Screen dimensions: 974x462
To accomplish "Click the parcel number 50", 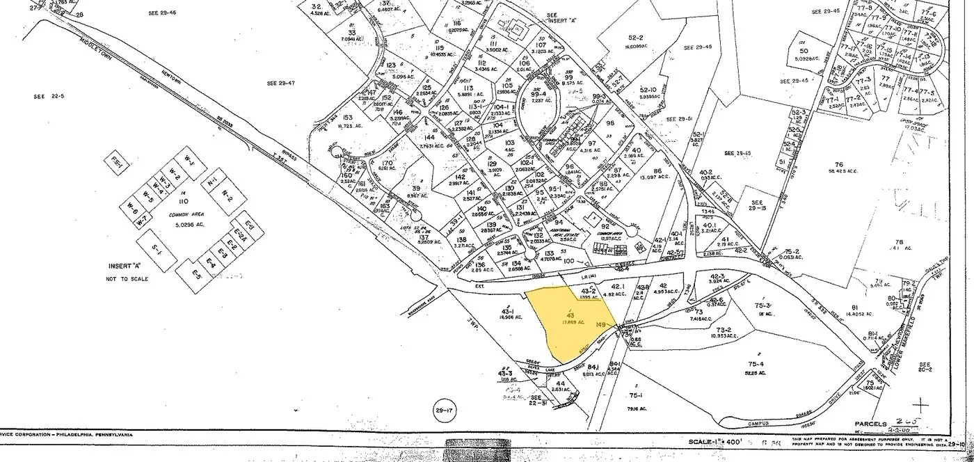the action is (804, 51).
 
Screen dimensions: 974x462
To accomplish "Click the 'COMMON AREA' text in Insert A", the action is (179, 216).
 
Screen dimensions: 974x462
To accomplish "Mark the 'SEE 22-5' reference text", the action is (48, 97).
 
